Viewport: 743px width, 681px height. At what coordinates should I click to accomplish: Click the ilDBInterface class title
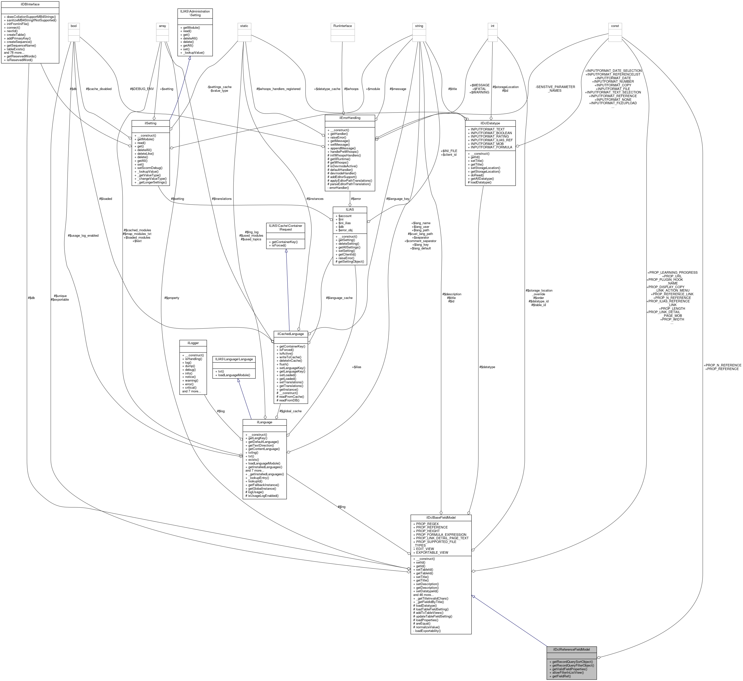tap(30, 4)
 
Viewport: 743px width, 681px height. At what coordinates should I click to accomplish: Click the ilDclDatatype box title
tap(490, 123)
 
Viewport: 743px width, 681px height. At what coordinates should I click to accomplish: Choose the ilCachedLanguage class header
tap(291, 334)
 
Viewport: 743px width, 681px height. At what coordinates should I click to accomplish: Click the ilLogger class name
tap(193, 343)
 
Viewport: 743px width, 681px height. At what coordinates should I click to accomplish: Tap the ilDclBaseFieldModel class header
tap(441, 518)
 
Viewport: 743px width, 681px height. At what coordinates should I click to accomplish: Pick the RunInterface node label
tap(342, 26)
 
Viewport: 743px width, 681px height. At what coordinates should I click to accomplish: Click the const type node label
tap(615, 26)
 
